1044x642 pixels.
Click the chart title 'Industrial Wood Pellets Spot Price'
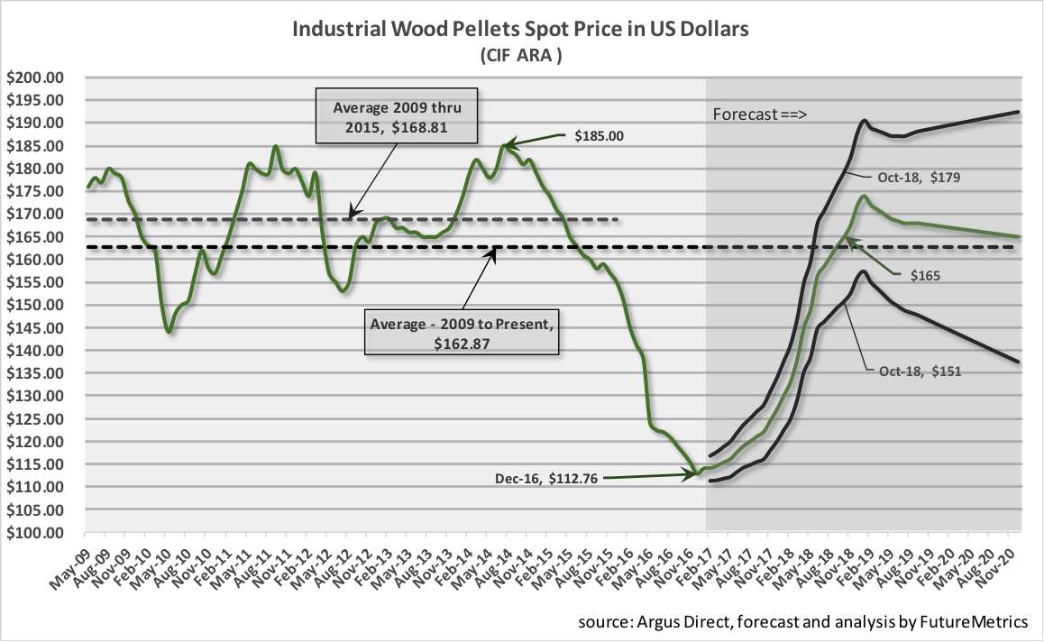tap(521, 30)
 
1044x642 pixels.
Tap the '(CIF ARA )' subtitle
tap(521, 56)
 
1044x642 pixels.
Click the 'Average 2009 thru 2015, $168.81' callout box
tap(397, 115)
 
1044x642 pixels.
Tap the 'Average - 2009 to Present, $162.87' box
tap(462, 332)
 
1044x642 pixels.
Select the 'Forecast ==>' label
tap(759, 115)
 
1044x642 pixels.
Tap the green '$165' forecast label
tap(926, 275)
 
